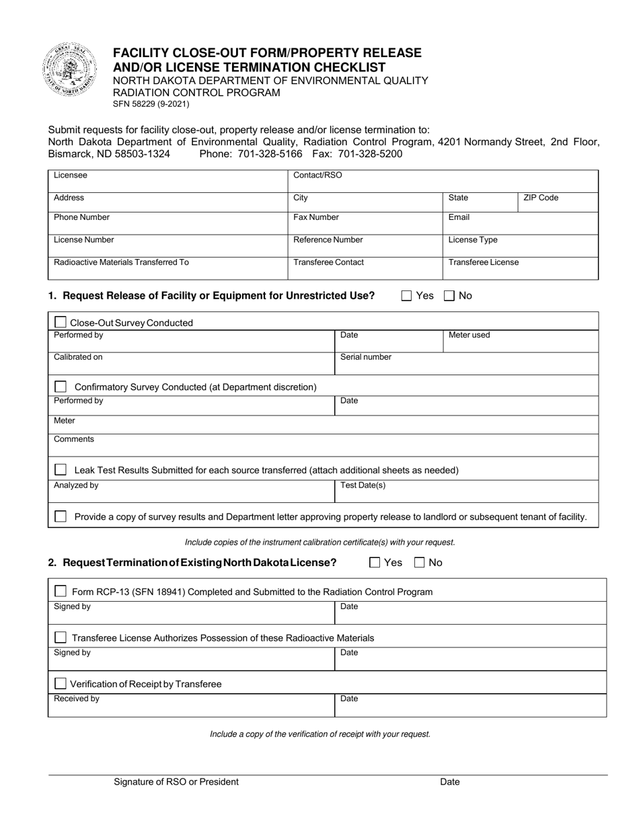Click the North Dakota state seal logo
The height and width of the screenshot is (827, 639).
coord(69,69)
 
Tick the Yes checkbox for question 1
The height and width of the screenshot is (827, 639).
coord(406,295)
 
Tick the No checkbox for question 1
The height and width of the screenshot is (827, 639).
coord(449,295)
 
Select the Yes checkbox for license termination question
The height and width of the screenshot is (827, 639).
coord(375,563)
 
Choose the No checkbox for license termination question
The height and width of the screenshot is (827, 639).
coord(420,563)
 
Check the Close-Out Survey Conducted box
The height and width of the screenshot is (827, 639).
coord(60,323)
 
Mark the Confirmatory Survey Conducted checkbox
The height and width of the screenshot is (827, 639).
coord(61,387)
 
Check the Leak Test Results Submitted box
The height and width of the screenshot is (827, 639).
coord(61,469)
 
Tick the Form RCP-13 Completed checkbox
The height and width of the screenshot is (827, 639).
coord(61,592)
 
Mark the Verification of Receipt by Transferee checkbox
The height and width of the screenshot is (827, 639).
coord(61,684)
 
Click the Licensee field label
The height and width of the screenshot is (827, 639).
coord(71,175)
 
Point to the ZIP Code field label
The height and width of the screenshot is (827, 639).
coord(541,198)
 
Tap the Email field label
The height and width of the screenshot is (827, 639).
coord(459,217)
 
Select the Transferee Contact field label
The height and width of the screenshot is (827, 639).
coord(328,262)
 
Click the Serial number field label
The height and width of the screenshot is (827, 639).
coord(365,357)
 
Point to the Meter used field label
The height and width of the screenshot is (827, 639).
coord(469,335)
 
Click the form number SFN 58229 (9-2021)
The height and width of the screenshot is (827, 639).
coord(151,104)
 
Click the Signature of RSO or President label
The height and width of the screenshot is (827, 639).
coord(176,782)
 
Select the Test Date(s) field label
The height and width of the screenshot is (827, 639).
coord(363,485)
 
